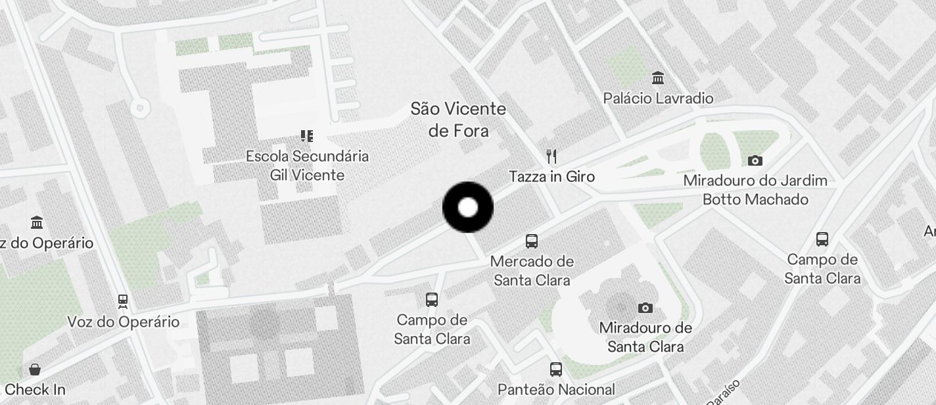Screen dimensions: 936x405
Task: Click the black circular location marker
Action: (467, 208)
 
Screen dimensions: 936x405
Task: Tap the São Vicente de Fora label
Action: (458, 120)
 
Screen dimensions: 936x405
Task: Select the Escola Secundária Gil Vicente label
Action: (307, 166)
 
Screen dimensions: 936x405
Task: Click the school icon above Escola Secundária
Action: (307, 136)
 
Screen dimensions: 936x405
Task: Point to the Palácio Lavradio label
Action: (658, 99)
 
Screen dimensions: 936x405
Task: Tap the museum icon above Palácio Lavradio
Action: (657, 78)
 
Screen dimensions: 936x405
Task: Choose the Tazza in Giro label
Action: (552, 176)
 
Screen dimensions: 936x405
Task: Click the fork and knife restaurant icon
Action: (552, 156)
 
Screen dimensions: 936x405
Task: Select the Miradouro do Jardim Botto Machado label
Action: (755, 189)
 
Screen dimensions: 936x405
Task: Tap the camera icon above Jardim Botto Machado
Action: (755, 160)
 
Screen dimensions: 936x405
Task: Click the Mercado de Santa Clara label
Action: (532, 270)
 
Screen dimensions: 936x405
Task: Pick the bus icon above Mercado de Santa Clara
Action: (532, 241)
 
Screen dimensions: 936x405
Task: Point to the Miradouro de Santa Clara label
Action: (645, 337)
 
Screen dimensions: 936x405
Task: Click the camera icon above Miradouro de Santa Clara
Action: (645, 308)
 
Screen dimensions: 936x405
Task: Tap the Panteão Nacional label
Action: (556, 389)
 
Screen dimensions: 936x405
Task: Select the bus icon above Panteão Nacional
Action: (556, 369)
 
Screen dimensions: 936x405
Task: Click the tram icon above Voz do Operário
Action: (123, 302)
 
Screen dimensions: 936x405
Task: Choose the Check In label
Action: (35, 389)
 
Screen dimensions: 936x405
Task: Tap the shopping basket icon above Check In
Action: (35, 369)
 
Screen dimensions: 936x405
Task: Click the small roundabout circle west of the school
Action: (139, 107)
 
